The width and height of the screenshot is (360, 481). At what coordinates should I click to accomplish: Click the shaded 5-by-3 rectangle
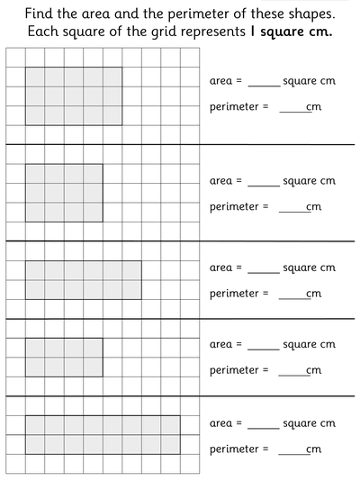(74, 95)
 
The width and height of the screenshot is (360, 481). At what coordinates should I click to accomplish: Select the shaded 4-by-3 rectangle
(64, 192)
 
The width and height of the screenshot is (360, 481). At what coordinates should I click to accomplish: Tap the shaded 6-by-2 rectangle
(83, 279)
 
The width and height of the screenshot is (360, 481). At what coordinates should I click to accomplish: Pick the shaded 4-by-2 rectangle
(64, 357)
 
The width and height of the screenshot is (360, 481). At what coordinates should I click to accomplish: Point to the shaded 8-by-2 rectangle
(103, 434)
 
